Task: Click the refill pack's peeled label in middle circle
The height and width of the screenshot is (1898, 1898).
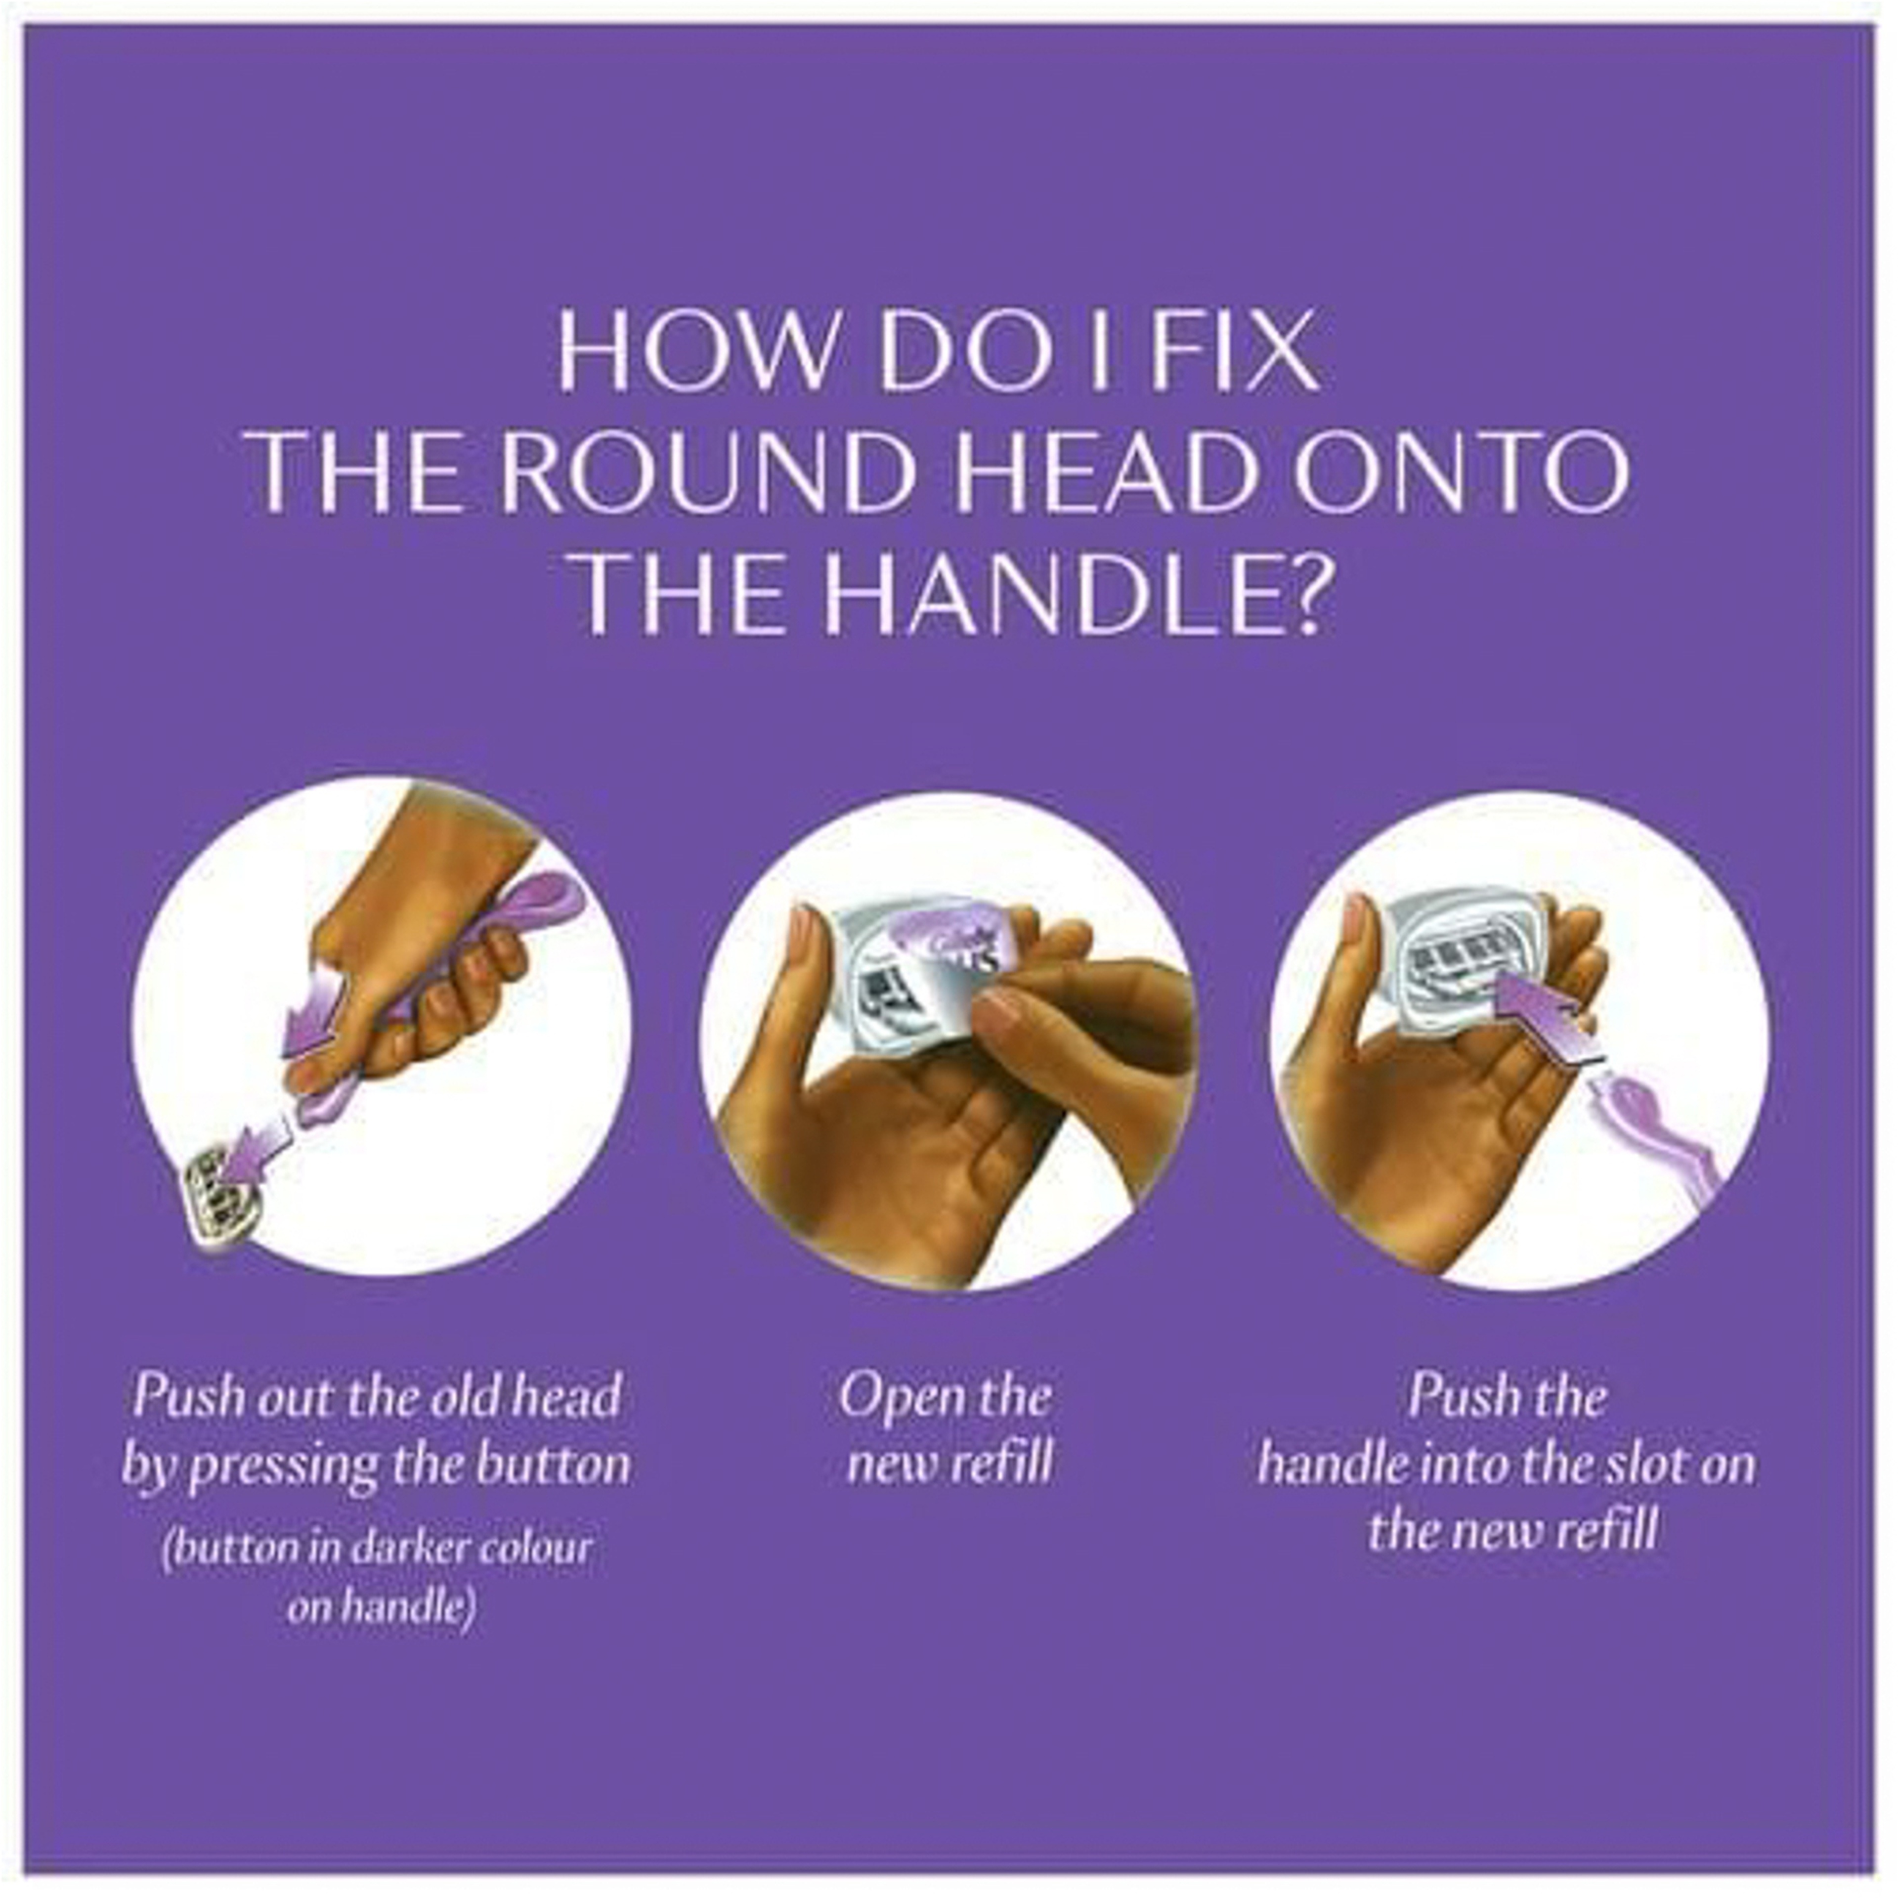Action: (948, 948)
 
